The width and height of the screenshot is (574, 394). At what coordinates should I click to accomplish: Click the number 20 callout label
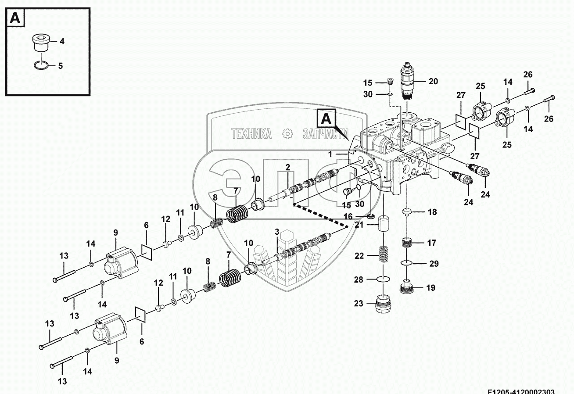(x=433, y=81)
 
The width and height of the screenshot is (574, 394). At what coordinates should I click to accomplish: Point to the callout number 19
(x=430, y=288)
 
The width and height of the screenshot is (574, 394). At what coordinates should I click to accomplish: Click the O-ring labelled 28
(x=384, y=279)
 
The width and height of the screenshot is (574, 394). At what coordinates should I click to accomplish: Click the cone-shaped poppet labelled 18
(x=408, y=212)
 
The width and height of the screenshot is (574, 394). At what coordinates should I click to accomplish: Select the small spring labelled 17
(x=408, y=242)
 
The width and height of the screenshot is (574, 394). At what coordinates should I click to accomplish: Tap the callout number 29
(x=434, y=264)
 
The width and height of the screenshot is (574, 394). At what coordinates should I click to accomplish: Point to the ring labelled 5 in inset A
(x=40, y=66)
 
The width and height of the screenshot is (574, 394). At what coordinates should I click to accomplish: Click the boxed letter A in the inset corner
(x=15, y=18)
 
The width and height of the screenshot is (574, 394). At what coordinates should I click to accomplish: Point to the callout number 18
(x=432, y=212)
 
